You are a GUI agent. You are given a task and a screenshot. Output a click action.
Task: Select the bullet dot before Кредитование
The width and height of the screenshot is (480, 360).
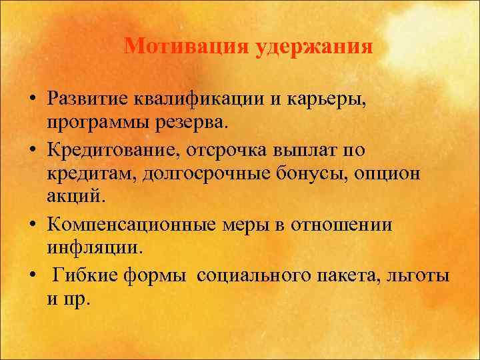click(32, 151)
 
